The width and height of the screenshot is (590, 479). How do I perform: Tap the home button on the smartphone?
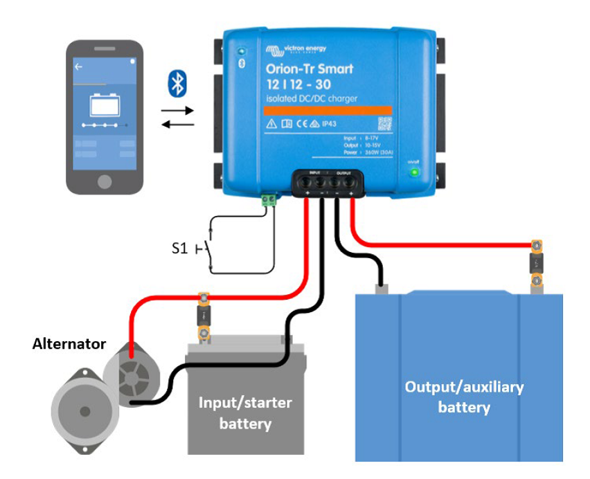pos(105,181)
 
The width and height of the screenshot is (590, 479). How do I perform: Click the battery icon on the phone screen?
pos(105,104)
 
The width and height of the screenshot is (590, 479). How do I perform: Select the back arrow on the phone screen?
pos(78,66)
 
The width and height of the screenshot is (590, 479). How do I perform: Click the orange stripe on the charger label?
pos(329,110)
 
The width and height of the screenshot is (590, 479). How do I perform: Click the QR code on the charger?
pos(385,123)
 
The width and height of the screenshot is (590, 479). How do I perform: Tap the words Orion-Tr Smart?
pos(310,69)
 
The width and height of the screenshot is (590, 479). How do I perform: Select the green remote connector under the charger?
pos(268,201)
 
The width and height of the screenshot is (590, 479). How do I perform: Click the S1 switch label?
pos(179,248)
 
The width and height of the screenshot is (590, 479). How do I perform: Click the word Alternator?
pos(69,343)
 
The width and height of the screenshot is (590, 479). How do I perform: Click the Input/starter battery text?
pos(245,413)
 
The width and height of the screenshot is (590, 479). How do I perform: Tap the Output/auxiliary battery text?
pos(464,396)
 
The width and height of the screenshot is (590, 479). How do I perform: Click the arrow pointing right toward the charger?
pos(177,109)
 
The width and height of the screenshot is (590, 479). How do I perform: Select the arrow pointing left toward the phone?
pos(177,125)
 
